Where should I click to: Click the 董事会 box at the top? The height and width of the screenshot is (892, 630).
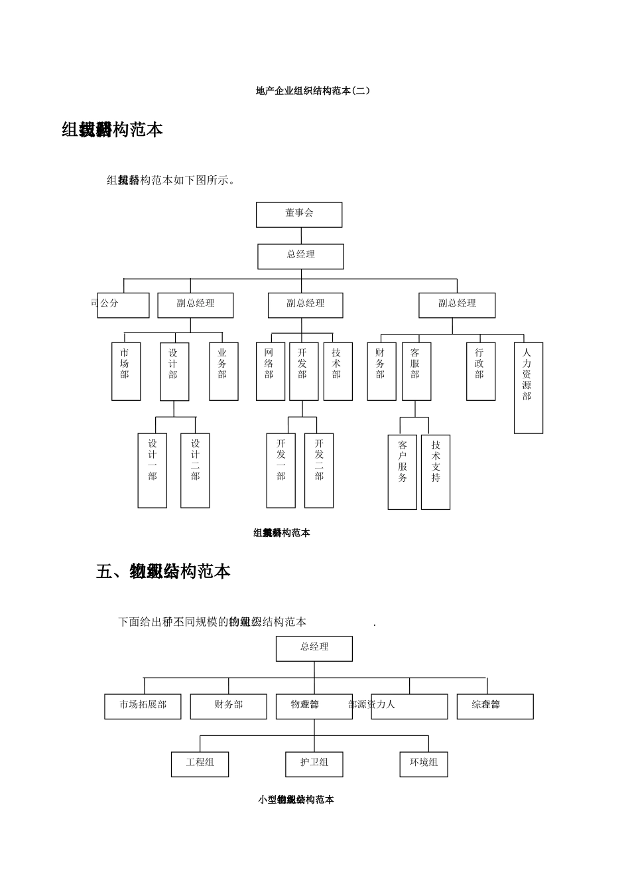299,215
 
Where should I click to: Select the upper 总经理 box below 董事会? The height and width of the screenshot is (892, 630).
300,256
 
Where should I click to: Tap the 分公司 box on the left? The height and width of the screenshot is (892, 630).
123,305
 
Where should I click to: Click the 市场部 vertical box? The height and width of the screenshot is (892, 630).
126,371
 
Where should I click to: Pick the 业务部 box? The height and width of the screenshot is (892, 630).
223,371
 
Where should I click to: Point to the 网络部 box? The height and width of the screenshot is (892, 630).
270,371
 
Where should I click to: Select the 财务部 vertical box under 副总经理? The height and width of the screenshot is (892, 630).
381,371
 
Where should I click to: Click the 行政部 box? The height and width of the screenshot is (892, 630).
481,371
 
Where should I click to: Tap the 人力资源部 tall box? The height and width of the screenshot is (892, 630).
529,388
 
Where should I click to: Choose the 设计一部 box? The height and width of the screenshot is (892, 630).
153,471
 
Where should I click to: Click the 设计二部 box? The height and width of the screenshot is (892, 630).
195,471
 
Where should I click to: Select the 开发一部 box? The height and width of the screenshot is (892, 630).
281,471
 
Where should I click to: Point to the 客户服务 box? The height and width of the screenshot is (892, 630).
402,472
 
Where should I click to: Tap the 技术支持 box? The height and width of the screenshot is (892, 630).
436,472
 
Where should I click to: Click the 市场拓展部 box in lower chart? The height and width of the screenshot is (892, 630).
143,706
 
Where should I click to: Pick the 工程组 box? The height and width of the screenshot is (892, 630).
200,764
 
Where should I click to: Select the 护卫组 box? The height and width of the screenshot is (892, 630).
314,764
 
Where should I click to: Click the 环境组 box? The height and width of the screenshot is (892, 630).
424,764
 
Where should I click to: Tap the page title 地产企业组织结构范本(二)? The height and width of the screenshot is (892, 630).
312,90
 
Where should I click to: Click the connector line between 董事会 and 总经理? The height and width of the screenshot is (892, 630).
301,236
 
